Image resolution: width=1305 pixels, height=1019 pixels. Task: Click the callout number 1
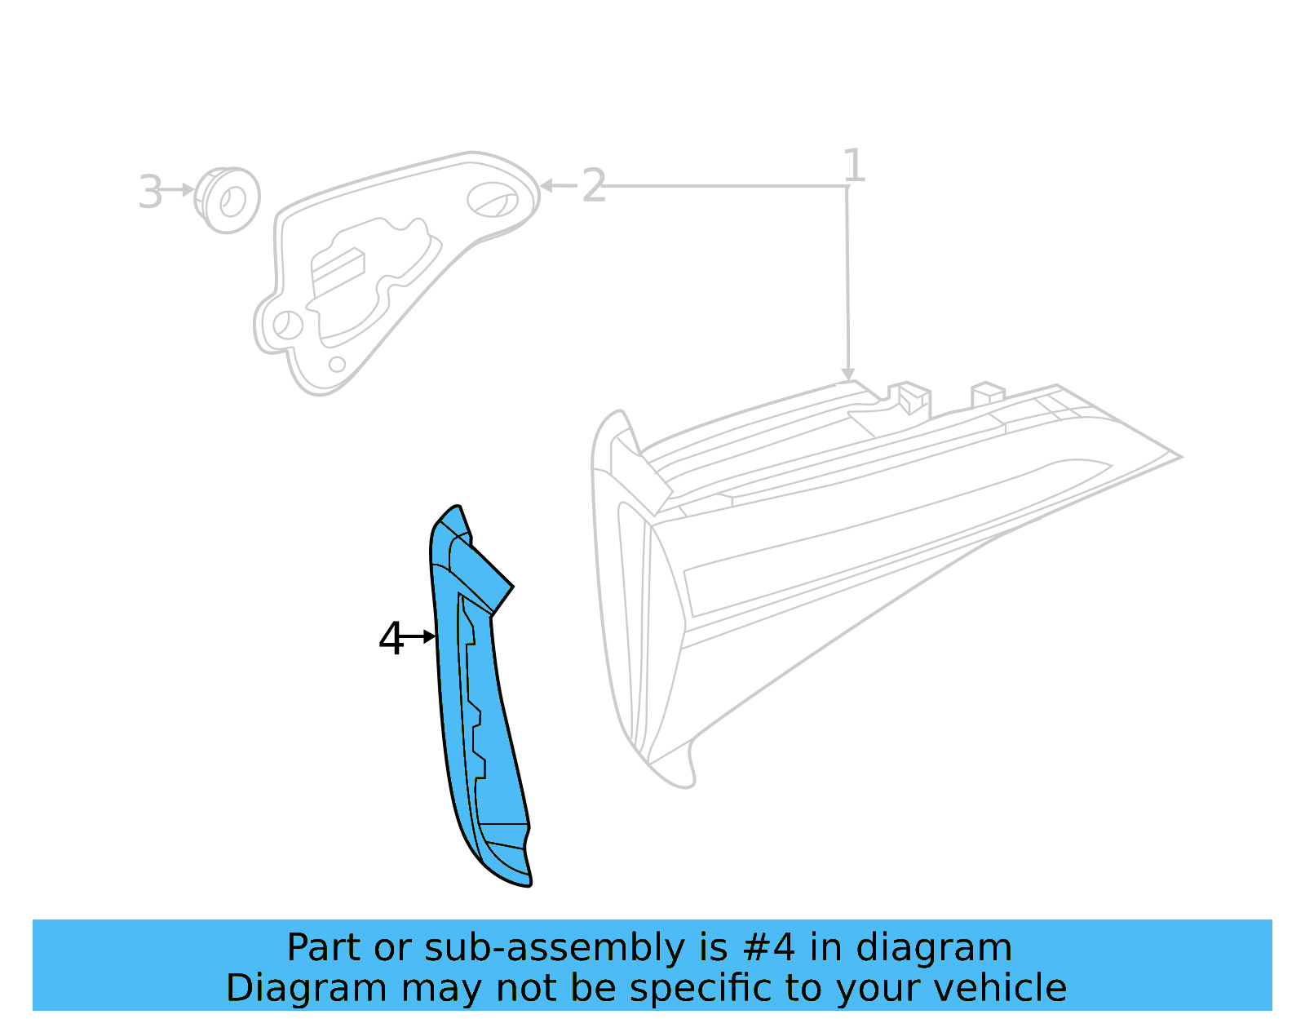853,166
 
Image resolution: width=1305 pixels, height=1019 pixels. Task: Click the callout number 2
593,186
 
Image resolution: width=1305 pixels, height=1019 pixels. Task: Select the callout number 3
150,193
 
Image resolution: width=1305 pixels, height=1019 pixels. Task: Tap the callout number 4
391,638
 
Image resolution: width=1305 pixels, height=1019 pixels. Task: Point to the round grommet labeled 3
229,200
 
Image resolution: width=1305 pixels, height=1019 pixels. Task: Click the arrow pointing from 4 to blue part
419,636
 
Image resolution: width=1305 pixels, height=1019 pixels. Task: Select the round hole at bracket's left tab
286,324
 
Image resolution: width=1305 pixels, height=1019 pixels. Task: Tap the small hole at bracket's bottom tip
337,364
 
